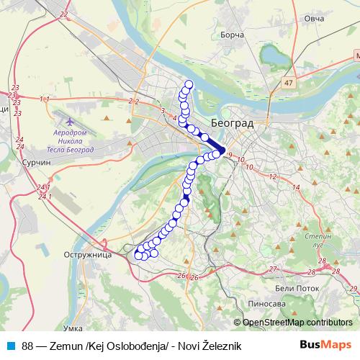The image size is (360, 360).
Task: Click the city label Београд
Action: coord(234,123)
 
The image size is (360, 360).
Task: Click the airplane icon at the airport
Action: coord(69,120)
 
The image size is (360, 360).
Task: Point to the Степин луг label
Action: coord(318,240)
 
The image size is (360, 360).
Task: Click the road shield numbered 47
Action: coord(288,84)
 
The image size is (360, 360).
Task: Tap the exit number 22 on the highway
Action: coord(66,14)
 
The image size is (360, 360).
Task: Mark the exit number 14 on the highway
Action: coord(296,186)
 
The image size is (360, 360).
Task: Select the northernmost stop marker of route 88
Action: coord(189,85)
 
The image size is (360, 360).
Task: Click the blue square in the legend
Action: coord(9,346)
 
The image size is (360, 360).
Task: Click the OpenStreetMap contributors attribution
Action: coord(297,322)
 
